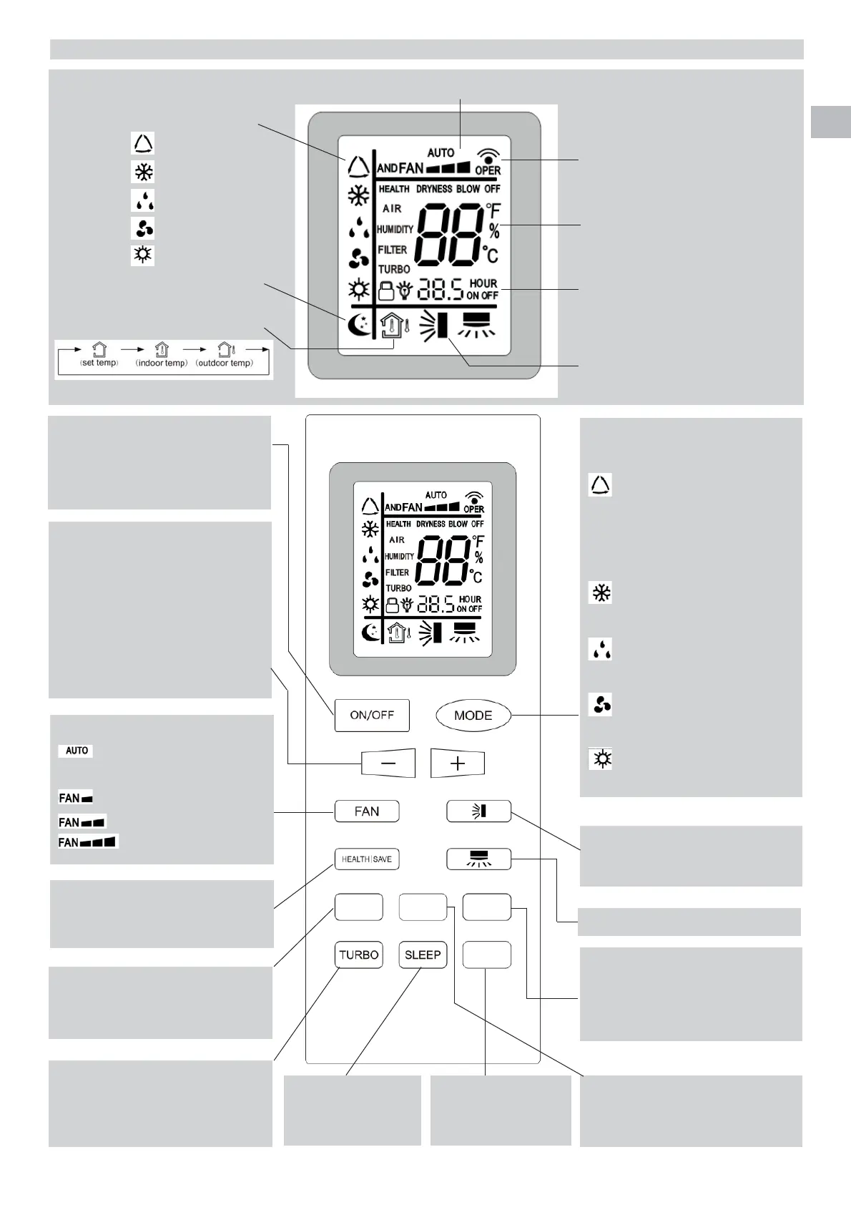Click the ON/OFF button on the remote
(x=372, y=715)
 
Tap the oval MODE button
(x=473, y=715)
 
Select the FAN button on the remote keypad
(x=367, y=811)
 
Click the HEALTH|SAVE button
(x=367, y=859)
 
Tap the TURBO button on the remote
(x=358, y=955)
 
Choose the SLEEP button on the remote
(x=423, y=955)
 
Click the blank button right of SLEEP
(x=486, y=955)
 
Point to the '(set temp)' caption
(x=99, y=363)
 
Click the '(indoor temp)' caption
(x=162, y=363)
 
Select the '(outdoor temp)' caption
(x=225, y=363)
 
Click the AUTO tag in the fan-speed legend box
(x=77, y=751)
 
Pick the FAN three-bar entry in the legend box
(x=88, y=841)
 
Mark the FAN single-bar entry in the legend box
(x=76, y=798)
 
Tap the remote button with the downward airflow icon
(x=478, y=859)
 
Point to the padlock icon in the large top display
(x=386, y=291)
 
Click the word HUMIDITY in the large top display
(x=395, y=230)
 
